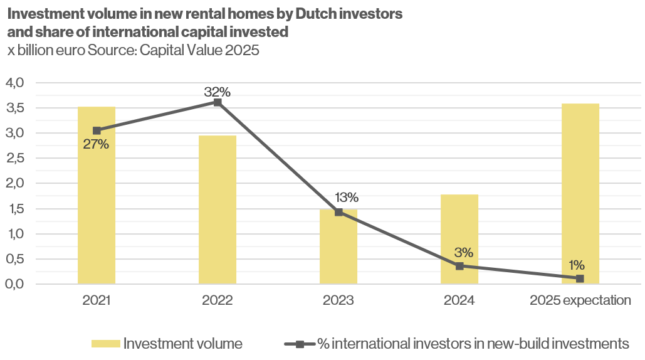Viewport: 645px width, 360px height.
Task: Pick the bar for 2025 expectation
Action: pos(580,194)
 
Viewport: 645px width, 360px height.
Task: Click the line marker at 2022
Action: pos(218,102)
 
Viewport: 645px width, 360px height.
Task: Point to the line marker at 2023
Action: pos(338,212)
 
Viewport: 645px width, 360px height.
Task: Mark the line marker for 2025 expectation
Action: pos(580,278)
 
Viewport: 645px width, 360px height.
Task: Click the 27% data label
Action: pos(96,145)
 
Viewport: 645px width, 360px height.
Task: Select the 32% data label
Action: pos(217,92)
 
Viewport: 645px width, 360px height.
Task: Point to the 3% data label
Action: pos(463,253)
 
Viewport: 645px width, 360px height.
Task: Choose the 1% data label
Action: pos(577,265)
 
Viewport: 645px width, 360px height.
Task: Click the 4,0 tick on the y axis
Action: pos(14,83)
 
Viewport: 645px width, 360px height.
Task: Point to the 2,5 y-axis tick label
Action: pos(14,158)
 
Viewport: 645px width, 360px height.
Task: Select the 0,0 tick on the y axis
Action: pos(14,284)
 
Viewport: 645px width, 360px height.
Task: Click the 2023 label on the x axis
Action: pos(338,300)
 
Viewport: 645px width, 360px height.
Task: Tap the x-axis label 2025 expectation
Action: pos(580,300)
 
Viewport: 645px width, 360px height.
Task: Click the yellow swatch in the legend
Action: pos(105,344)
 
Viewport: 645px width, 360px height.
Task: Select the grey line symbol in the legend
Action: pos(300,344)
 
